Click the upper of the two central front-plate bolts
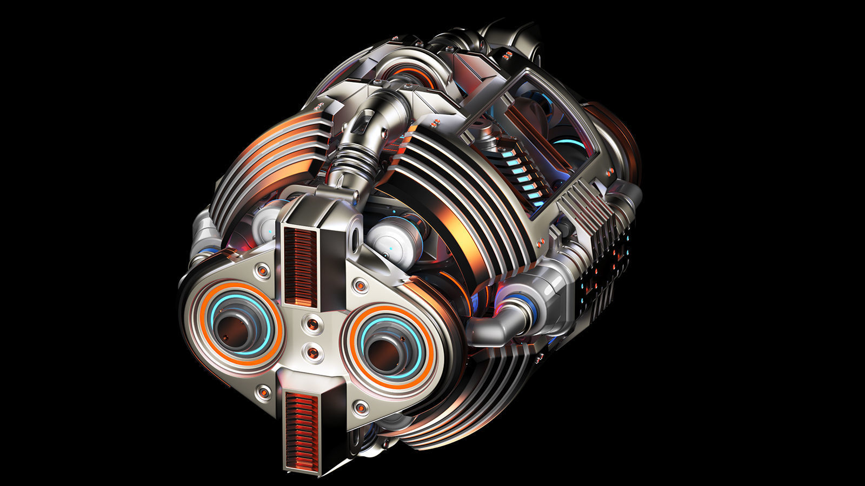(x=313, y=325)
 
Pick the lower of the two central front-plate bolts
(x=312, y=353)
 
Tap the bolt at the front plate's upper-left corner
(x=263, y=269)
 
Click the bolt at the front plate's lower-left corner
(x=264, y=392)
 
